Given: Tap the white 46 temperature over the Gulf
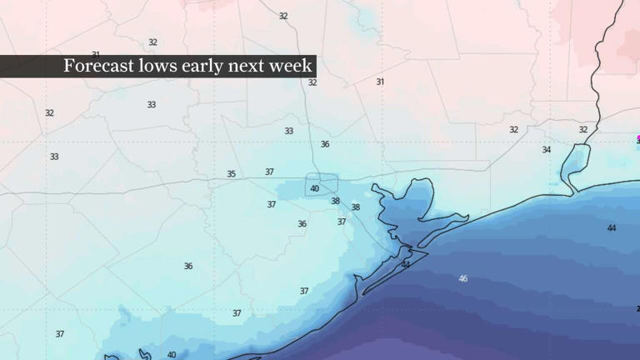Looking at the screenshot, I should [462, 278].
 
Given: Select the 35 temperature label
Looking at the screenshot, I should [232, 174].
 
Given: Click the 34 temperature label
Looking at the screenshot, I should [547, 150].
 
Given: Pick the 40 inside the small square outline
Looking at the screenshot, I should [315, 188].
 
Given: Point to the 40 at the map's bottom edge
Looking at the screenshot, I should [172, 355].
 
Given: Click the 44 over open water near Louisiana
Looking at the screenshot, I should [612, 227].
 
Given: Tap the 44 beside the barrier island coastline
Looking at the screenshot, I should [406, 264].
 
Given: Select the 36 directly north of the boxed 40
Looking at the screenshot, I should [325, 144].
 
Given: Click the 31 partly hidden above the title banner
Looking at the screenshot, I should [96, 54].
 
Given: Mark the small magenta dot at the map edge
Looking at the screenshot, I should [637, 138].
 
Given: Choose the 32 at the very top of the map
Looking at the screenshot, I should [283, 16].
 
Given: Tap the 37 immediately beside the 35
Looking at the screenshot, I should [270, 172].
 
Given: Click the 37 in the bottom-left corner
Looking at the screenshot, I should [60, 334].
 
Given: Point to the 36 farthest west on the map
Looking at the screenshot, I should [188, 266].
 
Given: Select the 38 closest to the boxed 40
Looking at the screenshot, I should [335, 201].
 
